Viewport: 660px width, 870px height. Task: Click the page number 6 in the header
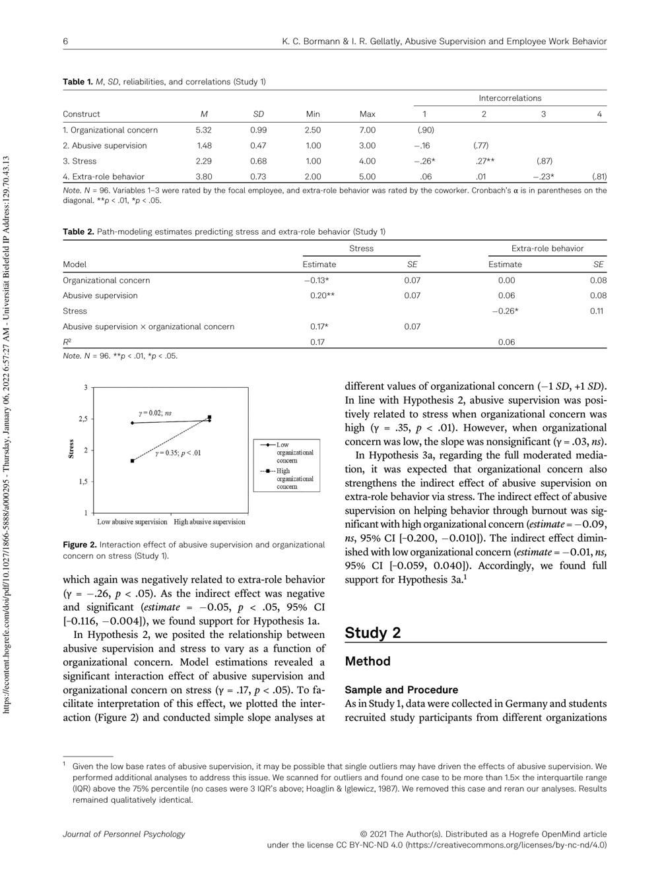pyautogui.click(x=65, y=42)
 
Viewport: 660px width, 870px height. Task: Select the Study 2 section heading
pyautogui.click(x=372, y=633)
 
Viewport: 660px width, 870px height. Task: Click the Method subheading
pyautogui.click(x=368, y=661)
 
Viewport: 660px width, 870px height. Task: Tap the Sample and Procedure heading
pyautogui.click(x=401, y=690)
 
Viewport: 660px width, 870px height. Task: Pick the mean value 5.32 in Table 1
pyautogui.click(x=203, y=130)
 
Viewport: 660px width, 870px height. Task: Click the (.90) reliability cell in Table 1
pyautogui.click(x=425, y=130)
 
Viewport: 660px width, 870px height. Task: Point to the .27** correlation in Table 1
pyautogui.click(x=485, y=161)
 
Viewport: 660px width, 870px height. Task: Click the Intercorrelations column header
pyautogui.click(x=510, y=98)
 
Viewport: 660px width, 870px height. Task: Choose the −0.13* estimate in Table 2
pyautogui.click(x=317, y=280)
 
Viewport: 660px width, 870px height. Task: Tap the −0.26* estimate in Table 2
pyautogui.click(x=505, y=311)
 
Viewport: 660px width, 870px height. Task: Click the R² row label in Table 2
pyautogui.click(x=67, y=342)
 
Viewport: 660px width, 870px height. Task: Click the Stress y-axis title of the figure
pyautogui.click(x=71, y=449)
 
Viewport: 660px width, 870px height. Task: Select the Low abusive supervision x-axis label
pyautogui.click(x=132, y=522)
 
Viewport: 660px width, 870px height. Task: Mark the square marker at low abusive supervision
pyautogui.click(x=132, y=461)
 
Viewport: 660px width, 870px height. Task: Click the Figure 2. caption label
pyautogui.click(x=79, y=545)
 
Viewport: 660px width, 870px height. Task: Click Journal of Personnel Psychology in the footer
pyautogui.click(x=123, y=834)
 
